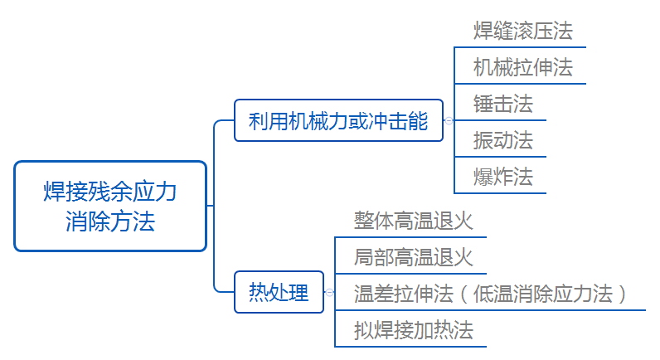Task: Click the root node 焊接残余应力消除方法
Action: pos(110,206)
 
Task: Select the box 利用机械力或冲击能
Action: pos(338,121)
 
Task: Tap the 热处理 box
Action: pos(279,292)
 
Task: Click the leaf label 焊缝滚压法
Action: pos(522,32)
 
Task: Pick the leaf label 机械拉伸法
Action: pos(522,67)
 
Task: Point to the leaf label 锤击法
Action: pos(502,104)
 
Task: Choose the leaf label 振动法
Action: pos(502,140)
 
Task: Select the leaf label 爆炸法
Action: pos(502,176)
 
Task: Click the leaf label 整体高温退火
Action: pos(413,221)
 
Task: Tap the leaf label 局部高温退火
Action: pos(413,257)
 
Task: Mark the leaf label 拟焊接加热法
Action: pos(413,330)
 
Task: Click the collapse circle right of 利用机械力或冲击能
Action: pos(449,121)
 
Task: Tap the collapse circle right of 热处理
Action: pos(328,292)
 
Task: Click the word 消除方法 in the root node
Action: pos(110,222)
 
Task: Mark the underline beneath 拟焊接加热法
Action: pos(410,346)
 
